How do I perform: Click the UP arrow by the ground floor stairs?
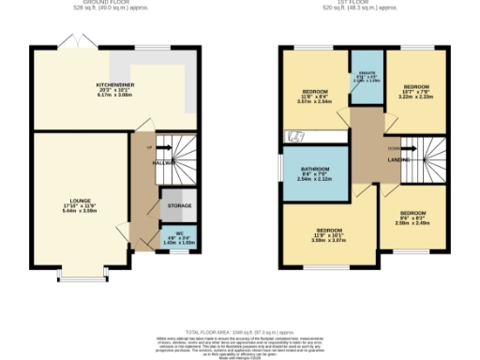pyautogui.click(x=149, y=146)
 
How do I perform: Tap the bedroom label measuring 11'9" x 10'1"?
pyautogui.click(x=328, y=230)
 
